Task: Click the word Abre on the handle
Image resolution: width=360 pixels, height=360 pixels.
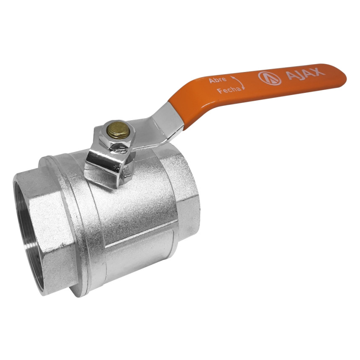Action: pos(217,80)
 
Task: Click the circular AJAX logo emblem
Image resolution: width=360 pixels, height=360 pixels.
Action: pos(270,78)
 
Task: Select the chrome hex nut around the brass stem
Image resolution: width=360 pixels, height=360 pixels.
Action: pos(115,136)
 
